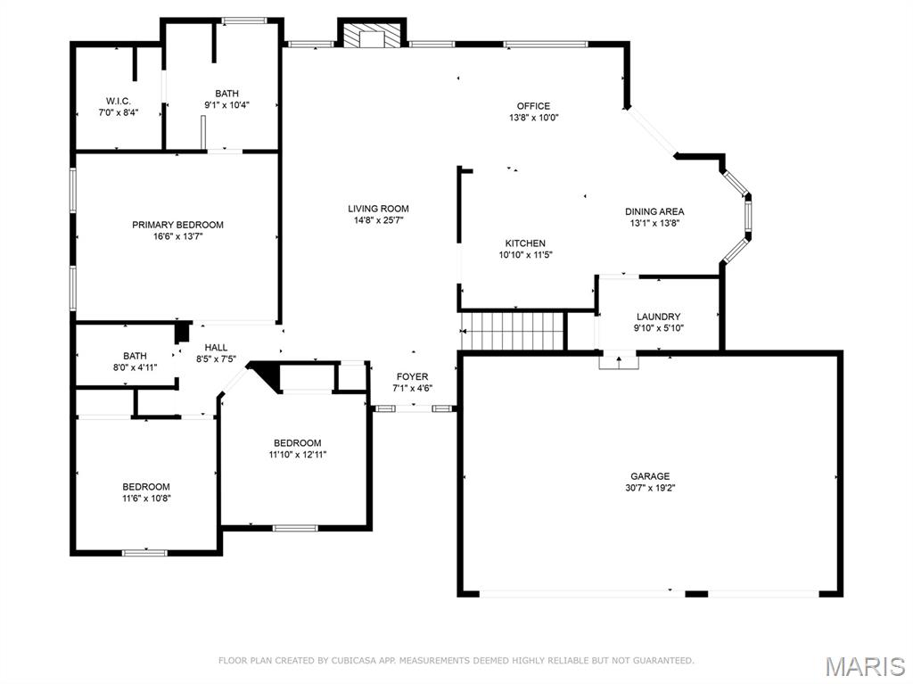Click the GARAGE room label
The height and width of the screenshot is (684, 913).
[x=650, y=476]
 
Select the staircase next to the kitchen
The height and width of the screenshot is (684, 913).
[x=514, y=331]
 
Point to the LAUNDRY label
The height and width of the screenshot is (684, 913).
[x=658, y=317]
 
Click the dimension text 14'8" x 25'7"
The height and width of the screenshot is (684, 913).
[x=378, y=220]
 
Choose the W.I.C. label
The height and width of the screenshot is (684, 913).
[x=118, y=101]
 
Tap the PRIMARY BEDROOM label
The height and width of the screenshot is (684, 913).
[x=177, y=225]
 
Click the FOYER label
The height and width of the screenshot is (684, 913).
[x=412, y=376]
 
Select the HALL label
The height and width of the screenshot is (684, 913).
[x=216, y=348]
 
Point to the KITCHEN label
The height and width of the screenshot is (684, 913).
[x=525, y=243]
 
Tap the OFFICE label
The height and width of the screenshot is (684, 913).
[x=533, y=106]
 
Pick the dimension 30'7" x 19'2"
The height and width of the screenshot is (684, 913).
[x=650, y=488]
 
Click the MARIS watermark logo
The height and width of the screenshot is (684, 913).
[x=865, y=666]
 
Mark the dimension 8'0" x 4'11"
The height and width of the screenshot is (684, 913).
[x=135, y=367]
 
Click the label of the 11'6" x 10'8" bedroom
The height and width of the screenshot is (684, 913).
[x=145, y=487]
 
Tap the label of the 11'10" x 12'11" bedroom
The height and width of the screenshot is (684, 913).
[x=297, y=443]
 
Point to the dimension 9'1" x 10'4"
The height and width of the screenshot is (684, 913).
[x=226, y=104]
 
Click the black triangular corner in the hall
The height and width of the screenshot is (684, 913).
[x=268, y=374]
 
